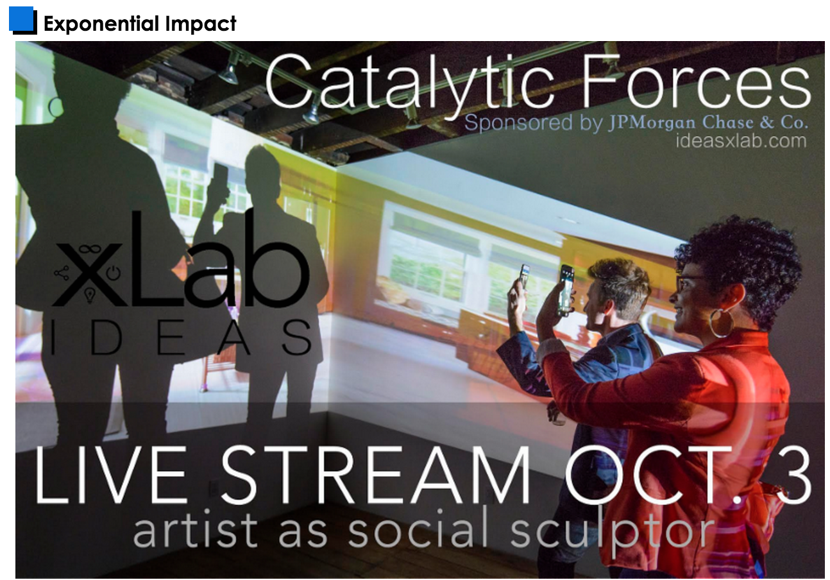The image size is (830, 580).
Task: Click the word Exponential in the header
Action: [101, 24]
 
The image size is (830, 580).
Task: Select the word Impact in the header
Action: [201, 24]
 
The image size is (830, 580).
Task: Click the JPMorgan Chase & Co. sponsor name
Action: [707, 123]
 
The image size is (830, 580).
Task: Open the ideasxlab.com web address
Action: [741, 141]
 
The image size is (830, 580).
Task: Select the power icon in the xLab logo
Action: [114, 273]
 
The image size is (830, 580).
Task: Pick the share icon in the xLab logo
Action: [62, 273]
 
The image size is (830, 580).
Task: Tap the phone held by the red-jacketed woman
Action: [566, 290]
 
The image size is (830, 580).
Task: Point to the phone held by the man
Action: [525, 277]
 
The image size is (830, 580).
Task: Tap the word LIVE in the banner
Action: [110, 475]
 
